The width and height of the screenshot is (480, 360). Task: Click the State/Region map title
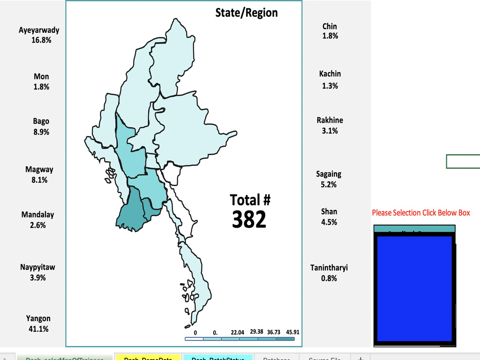click(246, 13)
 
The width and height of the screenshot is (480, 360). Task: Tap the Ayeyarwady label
click(39, 30)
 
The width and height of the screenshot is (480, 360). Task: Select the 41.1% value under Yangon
click(38, 329)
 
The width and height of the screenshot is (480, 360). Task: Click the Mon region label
click(41, 76)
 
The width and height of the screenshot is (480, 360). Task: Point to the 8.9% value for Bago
click(41, 132)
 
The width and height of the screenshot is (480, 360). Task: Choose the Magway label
click(39, 170)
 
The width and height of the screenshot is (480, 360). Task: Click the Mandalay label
click(37, 215)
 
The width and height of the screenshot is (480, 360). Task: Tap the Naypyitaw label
click(37, 268)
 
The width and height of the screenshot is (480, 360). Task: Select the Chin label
click(330, 27)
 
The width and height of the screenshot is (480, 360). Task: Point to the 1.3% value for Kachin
click(330, 86)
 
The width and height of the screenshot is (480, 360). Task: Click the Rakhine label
click(330, 120)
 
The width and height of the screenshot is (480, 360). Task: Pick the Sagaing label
click(329, 174)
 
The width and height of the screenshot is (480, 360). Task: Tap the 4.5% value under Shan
click(329, 222)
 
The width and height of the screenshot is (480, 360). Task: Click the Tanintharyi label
click(329, 268)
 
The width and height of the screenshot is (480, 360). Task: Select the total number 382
click(249, 219)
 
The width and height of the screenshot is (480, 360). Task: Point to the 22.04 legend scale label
click(238, 332)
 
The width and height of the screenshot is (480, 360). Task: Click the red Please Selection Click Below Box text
click(421, 213)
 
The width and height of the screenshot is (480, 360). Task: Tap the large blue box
click(414, 288)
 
